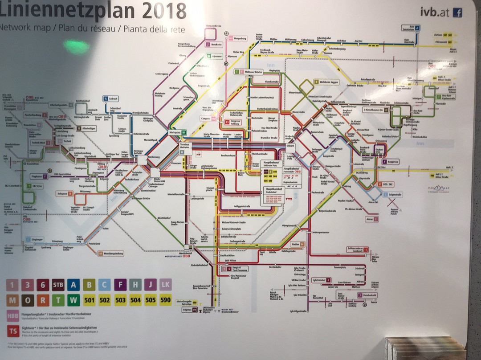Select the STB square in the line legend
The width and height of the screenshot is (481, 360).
58,285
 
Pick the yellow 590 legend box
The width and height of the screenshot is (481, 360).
165,300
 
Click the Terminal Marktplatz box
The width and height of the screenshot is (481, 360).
184,146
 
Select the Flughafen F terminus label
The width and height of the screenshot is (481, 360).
38,176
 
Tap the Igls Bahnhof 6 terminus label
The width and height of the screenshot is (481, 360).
322,280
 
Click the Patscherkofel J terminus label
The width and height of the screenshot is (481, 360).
367,295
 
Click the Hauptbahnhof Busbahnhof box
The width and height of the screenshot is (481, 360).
277,195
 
